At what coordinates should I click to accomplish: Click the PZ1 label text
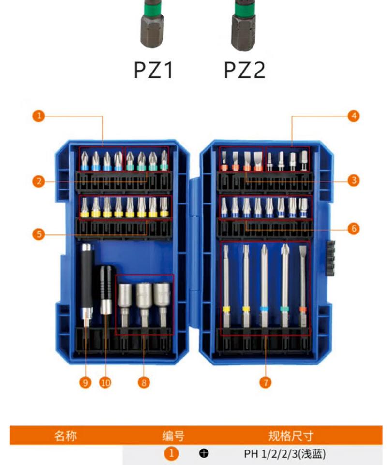153,70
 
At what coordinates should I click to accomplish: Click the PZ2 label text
244,70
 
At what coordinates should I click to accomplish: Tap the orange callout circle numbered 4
353,116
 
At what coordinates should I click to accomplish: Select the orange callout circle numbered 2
39,181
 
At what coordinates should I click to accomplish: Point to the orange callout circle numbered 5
39,234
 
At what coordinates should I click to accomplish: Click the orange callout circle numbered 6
353,228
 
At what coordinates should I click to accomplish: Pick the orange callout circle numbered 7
265,382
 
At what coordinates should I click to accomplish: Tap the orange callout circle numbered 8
144,382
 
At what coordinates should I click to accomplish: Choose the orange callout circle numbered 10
105,382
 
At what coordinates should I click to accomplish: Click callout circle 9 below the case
85,382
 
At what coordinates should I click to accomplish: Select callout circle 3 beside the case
353,180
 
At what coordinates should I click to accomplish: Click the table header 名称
65,436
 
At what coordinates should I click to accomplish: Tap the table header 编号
173,436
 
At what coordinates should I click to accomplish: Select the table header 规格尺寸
291,436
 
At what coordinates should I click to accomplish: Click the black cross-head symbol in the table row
204,453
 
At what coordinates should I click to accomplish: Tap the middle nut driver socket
144,305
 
